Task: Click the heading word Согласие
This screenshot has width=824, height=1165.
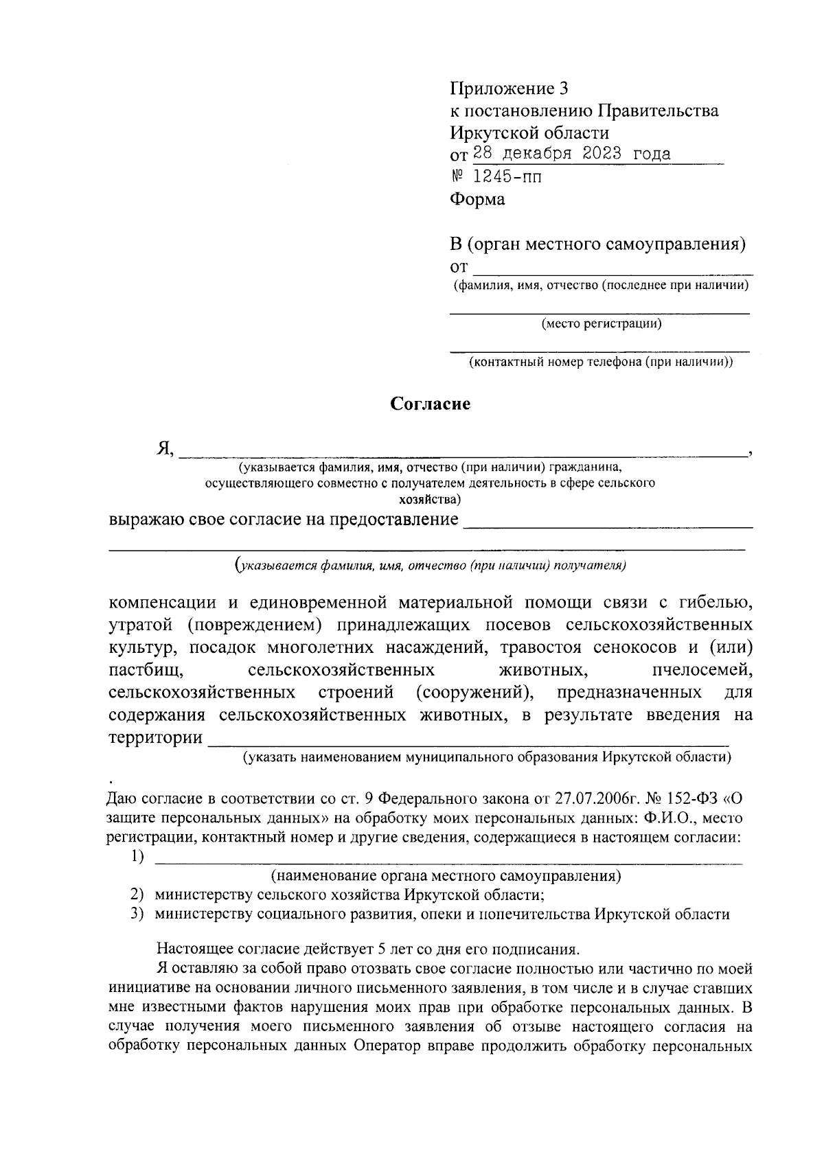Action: click(431, 404)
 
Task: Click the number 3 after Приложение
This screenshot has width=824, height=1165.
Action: click(564, 89)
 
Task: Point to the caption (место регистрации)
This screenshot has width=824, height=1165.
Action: click(601, 323)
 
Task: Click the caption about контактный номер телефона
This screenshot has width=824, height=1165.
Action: click(601, 362)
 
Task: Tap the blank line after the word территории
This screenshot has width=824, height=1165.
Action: click(467, 742)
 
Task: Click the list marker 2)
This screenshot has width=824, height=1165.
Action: click(138, 895)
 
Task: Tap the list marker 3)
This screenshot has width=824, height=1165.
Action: click(138, 914)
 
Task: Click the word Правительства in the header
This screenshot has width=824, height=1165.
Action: click(657, 111)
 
